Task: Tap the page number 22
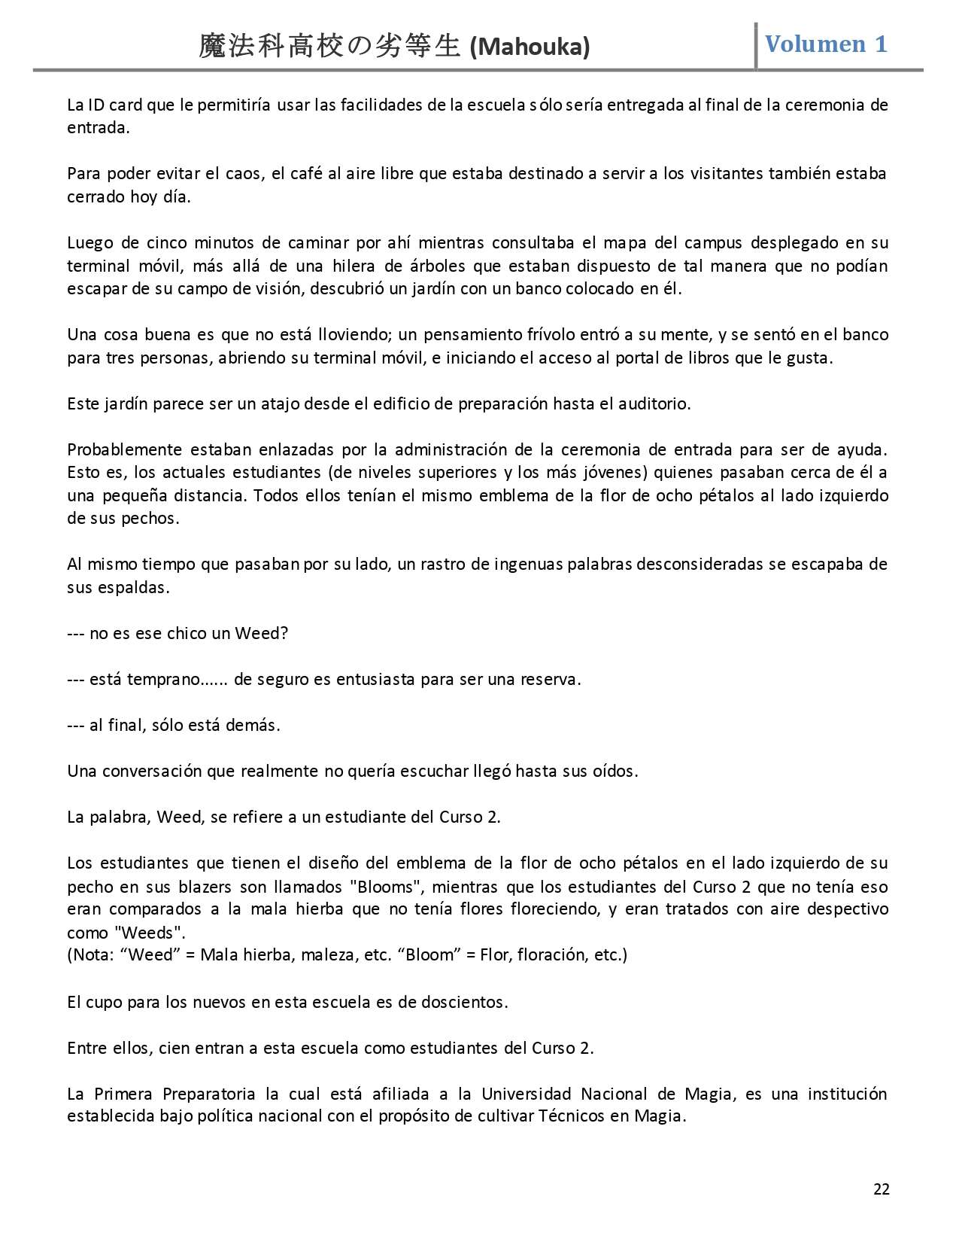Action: tap(882, 1189)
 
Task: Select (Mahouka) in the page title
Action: tap(530, 47)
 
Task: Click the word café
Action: tap(305, 174)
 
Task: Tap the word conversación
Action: tap(168, 771)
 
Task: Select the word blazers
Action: tap(206, 886)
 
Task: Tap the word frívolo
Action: tap(489, 334)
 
